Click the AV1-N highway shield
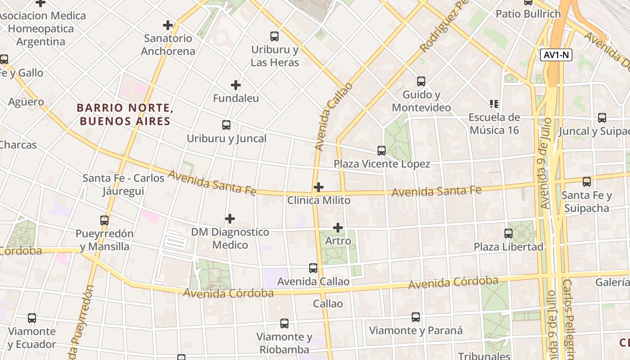[556, 55]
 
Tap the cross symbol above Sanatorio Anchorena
[168, 25]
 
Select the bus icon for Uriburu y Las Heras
[274, 36]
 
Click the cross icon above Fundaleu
[236, 85]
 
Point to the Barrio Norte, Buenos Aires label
[125, 114]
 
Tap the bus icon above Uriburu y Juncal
[226, 125]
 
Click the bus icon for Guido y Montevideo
[421, 81]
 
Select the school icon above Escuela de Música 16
[494, 104]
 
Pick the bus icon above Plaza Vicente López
[382, 151]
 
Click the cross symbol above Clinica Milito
[319, 187]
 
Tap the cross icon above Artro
[338, 228]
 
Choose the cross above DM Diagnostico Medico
[230, 219]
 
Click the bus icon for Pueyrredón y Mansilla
[104, 220]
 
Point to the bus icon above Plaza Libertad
[508, 234]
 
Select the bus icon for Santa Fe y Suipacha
[587, 182]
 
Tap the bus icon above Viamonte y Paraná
[416, 317]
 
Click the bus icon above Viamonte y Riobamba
[284, 324]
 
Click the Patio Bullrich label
[528, 14]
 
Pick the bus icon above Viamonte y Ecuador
[32, 318]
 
